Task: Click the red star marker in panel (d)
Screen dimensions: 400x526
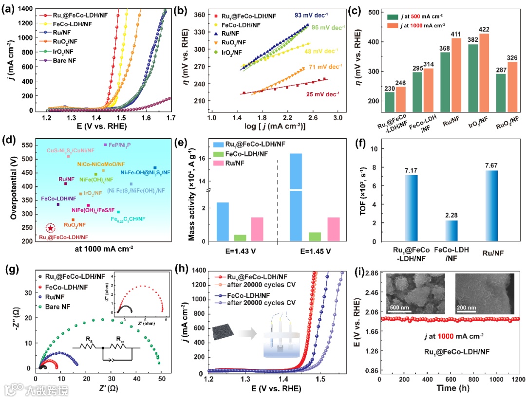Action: [x=50, y=228]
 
